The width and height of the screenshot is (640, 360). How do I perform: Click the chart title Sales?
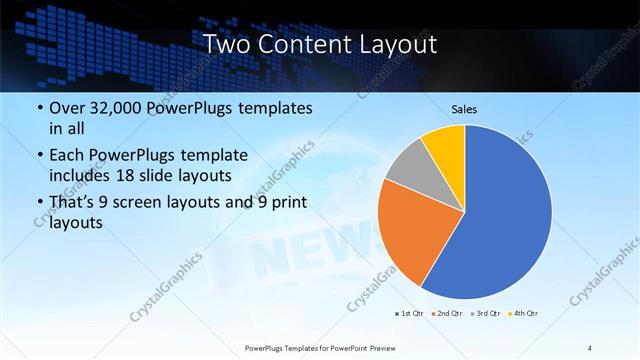(463, 108)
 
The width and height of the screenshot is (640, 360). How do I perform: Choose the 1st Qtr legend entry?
(408, 314)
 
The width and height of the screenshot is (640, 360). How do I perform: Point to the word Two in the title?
(227, 45)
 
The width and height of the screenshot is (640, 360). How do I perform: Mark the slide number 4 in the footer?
(590, 347)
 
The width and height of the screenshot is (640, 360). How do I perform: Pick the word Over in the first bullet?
(67, 108)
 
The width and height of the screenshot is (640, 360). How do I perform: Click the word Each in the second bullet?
(67, 155)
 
